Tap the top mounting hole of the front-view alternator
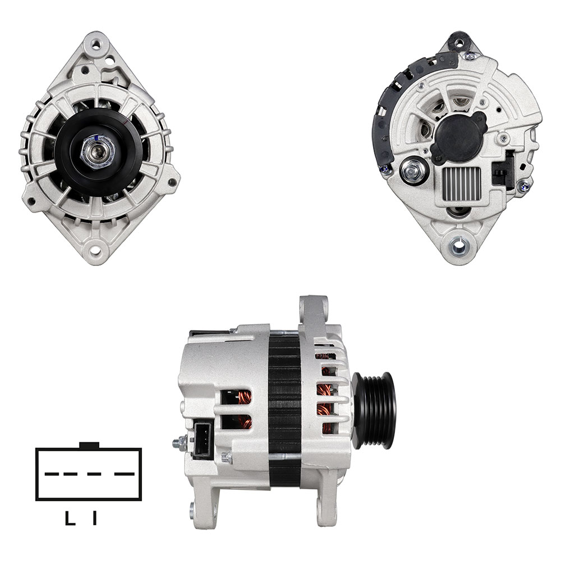[96, 45]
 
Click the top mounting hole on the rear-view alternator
[459, 43]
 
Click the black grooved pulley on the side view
[374, 411]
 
